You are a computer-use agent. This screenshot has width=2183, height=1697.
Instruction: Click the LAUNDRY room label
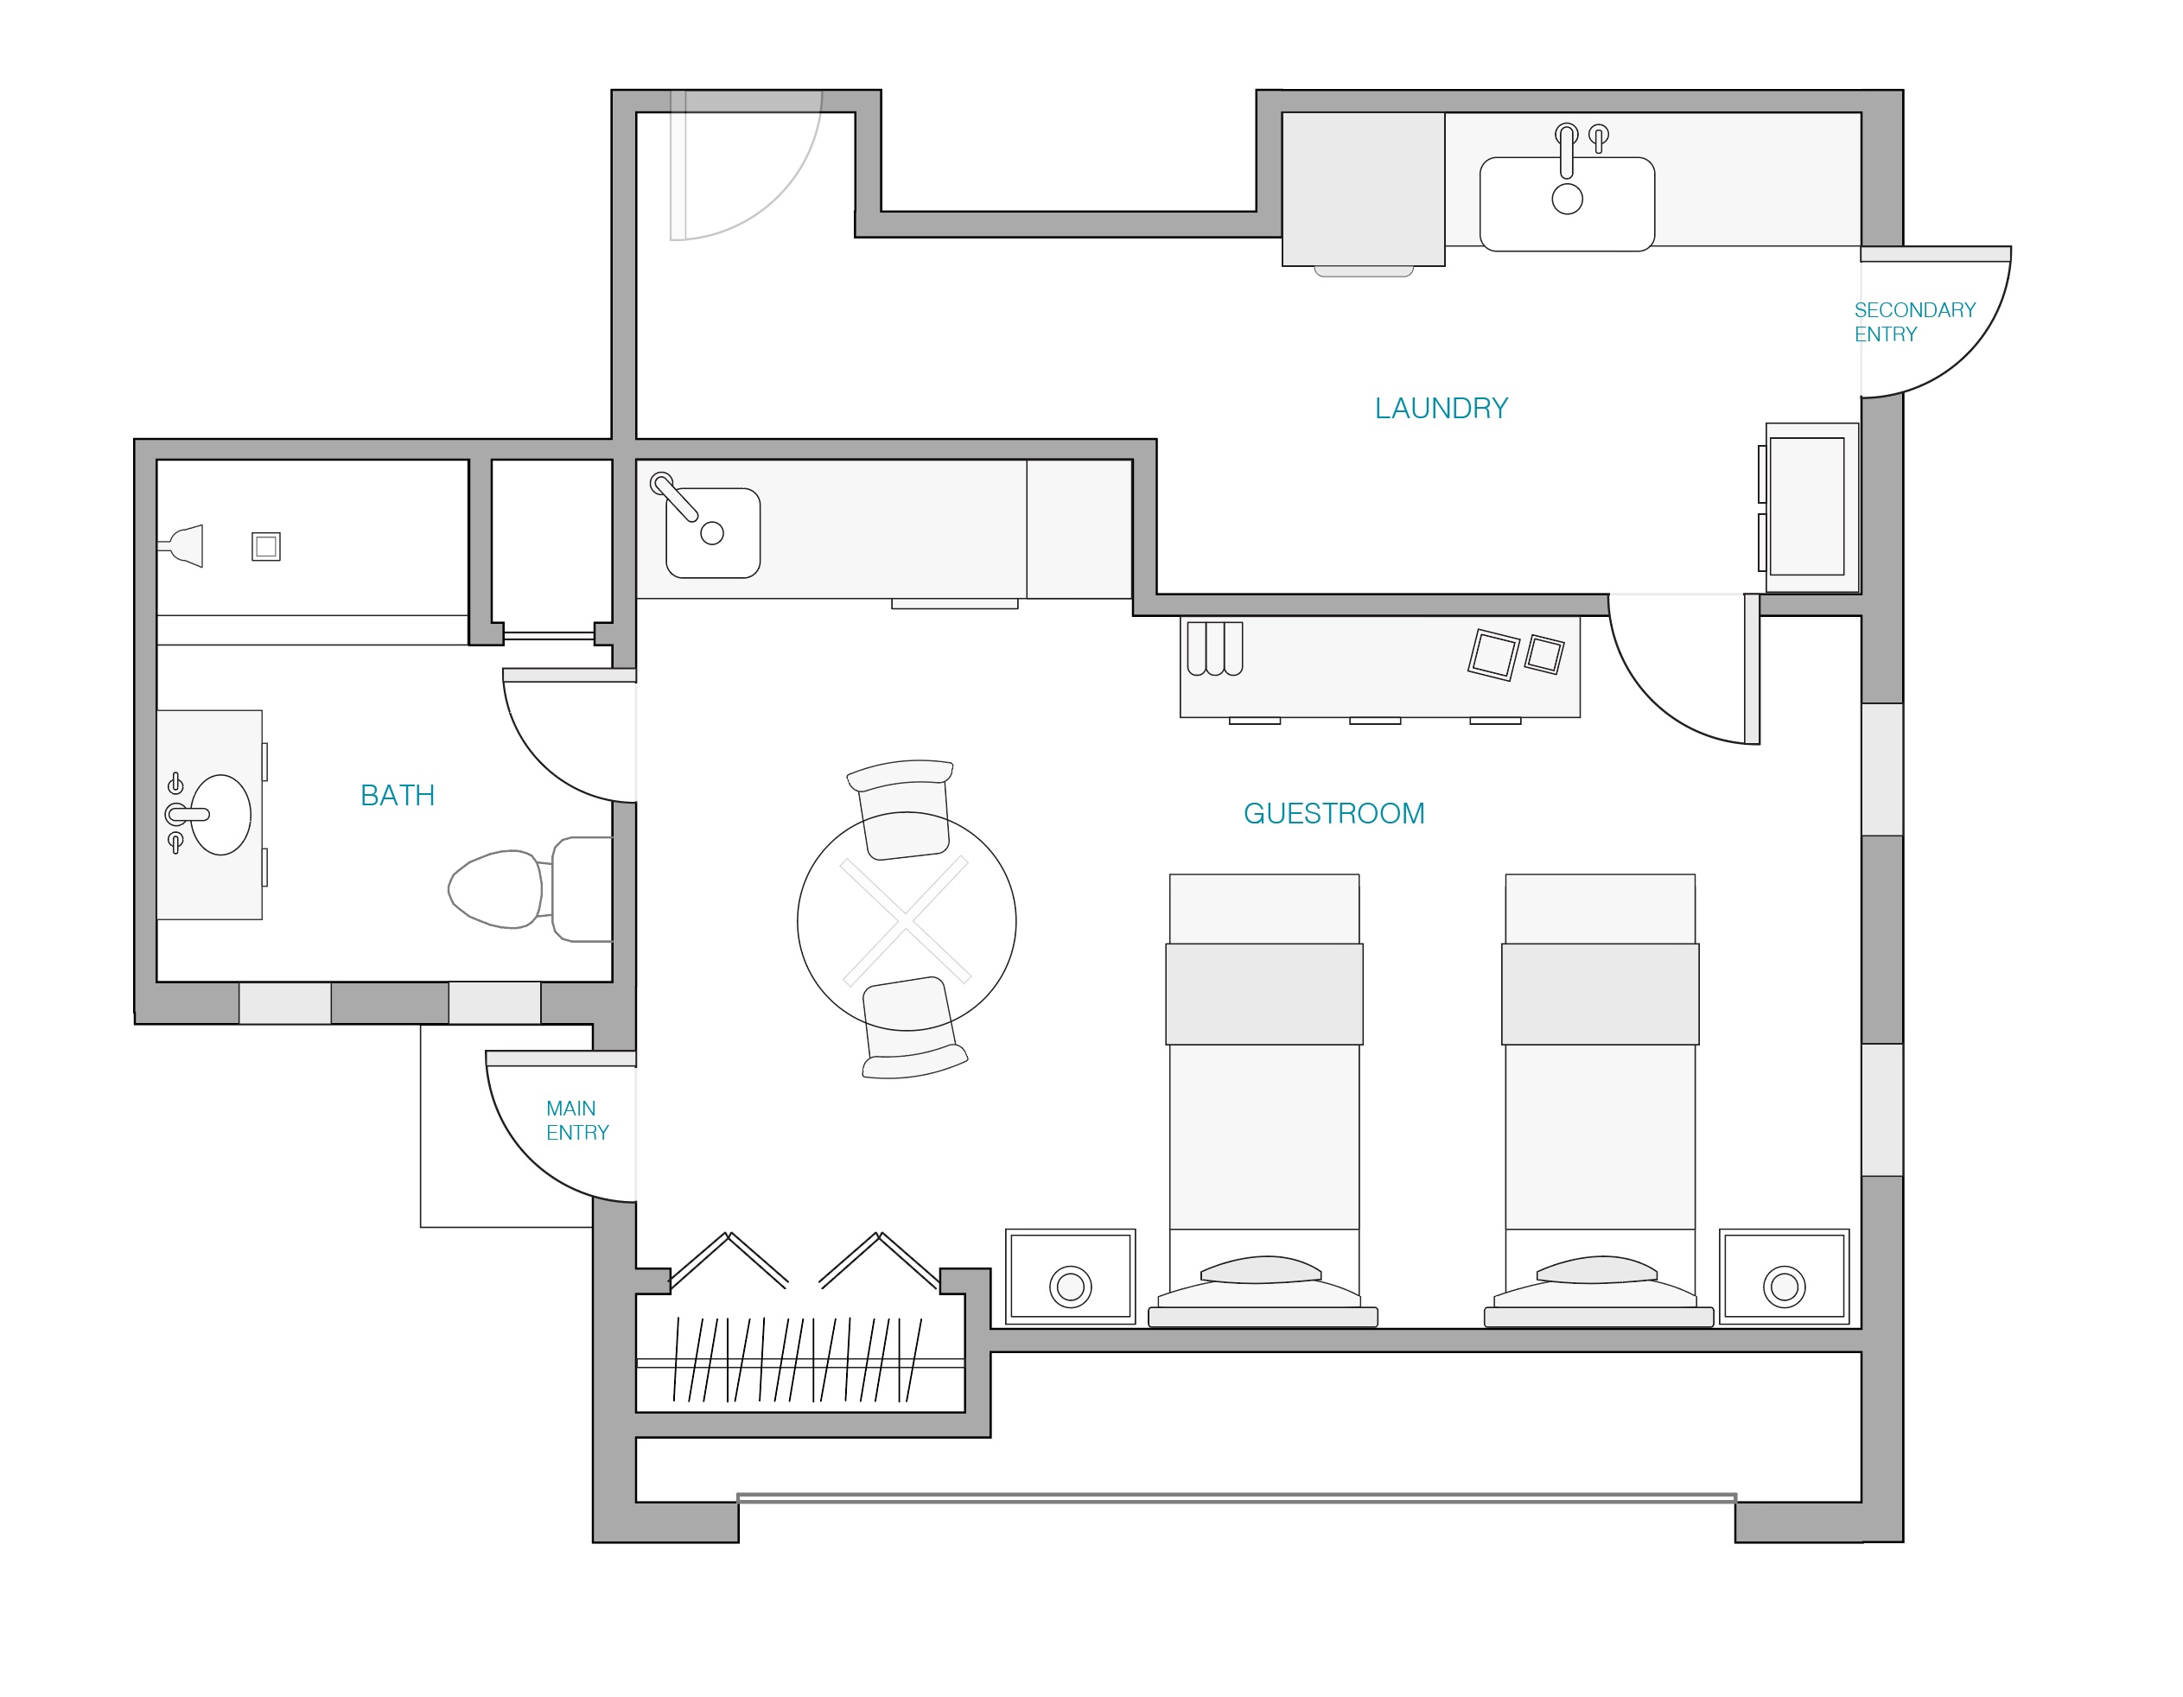click(1441, 408)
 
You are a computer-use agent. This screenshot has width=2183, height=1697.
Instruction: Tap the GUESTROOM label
click(1333, 814)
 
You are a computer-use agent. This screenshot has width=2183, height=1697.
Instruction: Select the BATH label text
click(397, 796)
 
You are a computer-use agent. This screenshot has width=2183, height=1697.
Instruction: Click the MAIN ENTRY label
click(576, 1121)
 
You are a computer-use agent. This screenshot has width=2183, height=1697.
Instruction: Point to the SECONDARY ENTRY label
click(1913, 321)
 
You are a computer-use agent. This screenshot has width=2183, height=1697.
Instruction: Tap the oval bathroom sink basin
click(222, 815)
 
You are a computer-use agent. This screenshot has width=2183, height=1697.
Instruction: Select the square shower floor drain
click(266, 547)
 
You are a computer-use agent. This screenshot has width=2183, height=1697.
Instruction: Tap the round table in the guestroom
click(907, 921)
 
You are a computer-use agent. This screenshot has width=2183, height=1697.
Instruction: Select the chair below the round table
click(908, 1029)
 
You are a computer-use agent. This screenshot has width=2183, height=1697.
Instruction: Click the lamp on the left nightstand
click(1070, 1287)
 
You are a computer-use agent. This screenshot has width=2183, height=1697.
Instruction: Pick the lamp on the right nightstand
click(1785, 1287)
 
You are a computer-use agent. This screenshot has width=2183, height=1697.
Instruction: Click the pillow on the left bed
click(1262, 1270)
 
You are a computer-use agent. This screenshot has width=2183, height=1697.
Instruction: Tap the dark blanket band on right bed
click(1600, 995)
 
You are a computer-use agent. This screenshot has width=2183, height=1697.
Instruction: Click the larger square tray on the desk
click(1493, 656)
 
